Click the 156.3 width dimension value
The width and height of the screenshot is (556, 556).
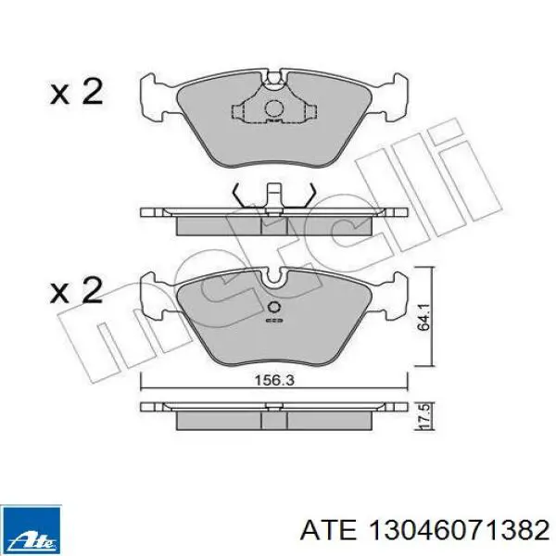(x=275, y=381)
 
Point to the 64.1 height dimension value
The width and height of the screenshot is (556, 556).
(x=423, y=318)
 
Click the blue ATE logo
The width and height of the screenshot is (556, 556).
(x=31, y=530)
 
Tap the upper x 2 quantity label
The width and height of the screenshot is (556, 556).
(x=77, y=92)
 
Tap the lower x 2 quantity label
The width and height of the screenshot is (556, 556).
(x=77, y=290)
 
